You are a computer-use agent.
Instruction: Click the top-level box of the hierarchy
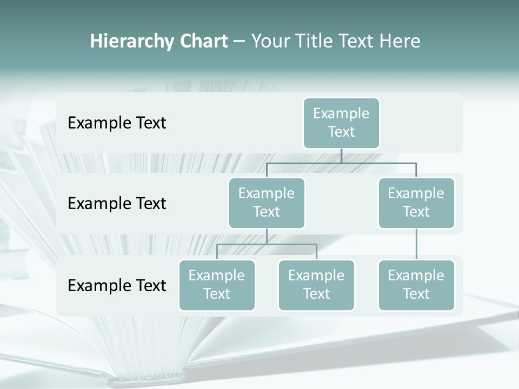pyautogui.click(x=341, y=123)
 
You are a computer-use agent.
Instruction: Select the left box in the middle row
pyautogui.click(x=267, y=203)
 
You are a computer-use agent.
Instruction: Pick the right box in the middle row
pyautogui.click(x=416, y=203)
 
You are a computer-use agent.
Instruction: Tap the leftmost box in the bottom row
pyautogui.click(x=217, y=285)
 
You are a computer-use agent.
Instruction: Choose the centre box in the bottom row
pyautogui.click(x=316, y=285)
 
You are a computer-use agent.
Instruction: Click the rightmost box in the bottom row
pyautogui.click(x=416, y=285)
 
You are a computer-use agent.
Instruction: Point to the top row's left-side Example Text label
pyautogui.click(x=117, y=123)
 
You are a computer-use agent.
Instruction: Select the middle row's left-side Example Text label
pyautogui.click(x=117, y=204)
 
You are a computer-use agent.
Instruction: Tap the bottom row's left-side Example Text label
pyautogui.click(x=117, y=285)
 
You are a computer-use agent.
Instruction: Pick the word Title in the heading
pyautogui.click(x=314, y=41)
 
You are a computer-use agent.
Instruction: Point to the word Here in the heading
pyautogui.click(x=400, y=41)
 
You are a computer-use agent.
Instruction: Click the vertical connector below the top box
pyautogui.click(x=341, y=156)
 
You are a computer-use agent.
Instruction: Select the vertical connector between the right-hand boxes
pyautogui.click(x=416, y=244)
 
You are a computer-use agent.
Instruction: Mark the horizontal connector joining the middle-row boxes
pyautogui.click(x=341, y=163)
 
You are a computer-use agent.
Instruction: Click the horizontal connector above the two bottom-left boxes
pyautogui.click(x=267, y=244)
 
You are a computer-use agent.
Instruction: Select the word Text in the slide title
pyautogui.click(x=357, y=41)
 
